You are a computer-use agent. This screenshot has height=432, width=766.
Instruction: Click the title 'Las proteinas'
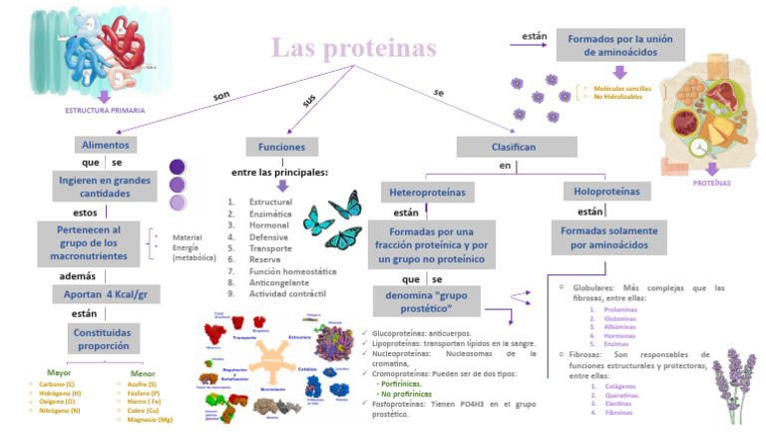point(354,48)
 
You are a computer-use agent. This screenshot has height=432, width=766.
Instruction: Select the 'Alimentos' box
point(105,145)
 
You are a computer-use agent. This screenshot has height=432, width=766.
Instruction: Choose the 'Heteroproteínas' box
point(427,191)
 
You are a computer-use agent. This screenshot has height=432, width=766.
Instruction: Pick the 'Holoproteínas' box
point(607,191)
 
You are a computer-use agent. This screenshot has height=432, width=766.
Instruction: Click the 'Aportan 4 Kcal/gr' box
point(105,294)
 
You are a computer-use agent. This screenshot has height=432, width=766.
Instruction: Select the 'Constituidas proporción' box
point(105,338)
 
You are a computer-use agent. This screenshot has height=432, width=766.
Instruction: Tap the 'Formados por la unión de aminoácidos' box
point(619,45)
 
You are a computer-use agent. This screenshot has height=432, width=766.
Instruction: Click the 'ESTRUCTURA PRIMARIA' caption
point(105,110)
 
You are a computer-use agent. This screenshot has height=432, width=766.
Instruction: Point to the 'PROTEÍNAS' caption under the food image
point(711,183)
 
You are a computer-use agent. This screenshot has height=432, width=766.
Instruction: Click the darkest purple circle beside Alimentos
point(178,167)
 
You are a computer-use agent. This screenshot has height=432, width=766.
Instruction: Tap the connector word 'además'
point(78,275)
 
